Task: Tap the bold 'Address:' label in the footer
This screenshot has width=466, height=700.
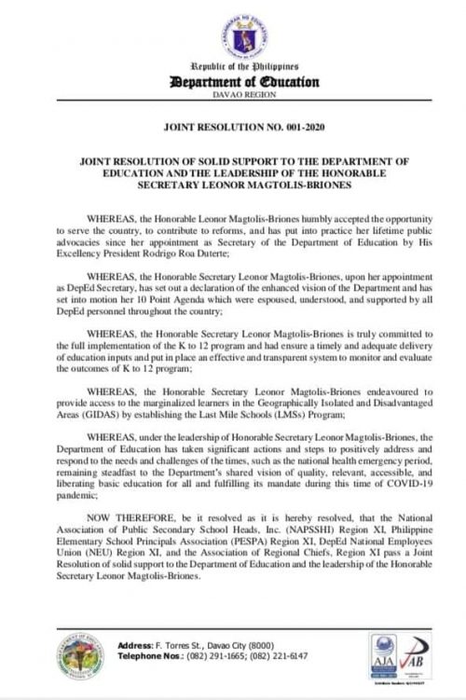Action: click(x=137, y=646)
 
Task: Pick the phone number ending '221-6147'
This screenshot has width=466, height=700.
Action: click(x=278, y=656)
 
